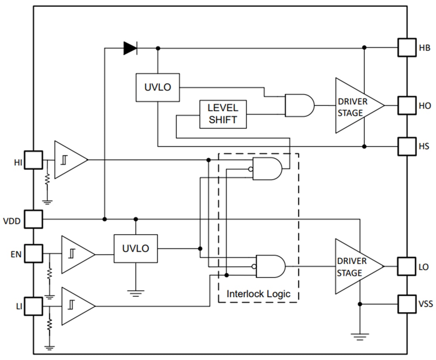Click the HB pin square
point(407,48)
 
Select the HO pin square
point(407,105)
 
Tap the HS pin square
point(407,146)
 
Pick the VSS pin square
point(407,304)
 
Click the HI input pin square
point(33,160)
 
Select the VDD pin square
point(33,219)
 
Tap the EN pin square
point(33,253)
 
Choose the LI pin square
point(33,306)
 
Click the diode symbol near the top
point(130,48)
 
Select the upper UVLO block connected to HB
point(157,87)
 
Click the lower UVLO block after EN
point(136,248)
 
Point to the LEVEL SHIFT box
point(223,114)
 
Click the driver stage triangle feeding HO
point(356,106)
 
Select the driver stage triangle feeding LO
point(356,266)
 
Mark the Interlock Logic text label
point(258,294)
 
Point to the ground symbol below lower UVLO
point(136,293)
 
